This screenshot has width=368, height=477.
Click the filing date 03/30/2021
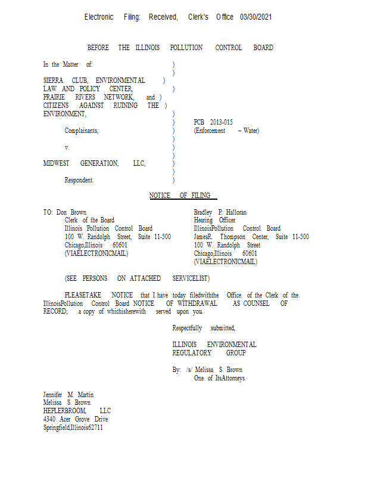tap(255, 17)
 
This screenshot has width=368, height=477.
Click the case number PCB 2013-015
tap(213, 122)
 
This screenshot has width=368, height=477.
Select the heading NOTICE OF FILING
tap(183, 196)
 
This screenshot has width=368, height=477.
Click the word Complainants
tap(82, 131)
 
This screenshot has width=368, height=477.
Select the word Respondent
tap(79, 180)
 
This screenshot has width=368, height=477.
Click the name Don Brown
tap(70, 212)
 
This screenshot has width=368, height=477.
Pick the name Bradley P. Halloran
tap(220, 212)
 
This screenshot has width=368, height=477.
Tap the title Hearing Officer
tap(214, 221)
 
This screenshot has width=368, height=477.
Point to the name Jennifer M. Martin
tap(68, 395)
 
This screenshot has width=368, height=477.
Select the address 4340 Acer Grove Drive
tap(76, 419)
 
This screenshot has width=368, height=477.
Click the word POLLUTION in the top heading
tap(186, 48)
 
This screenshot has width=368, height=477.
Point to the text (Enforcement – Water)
tap(226, 131)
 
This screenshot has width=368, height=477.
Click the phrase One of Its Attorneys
tap(219, 378)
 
